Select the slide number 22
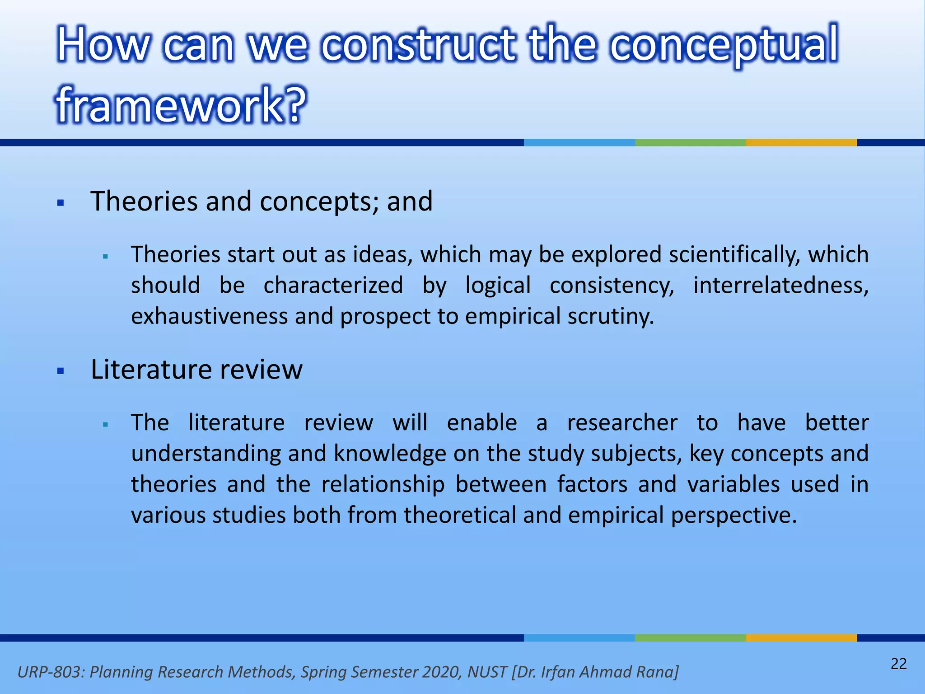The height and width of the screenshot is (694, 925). [898, 664]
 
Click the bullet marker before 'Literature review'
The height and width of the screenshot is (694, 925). [61, 371]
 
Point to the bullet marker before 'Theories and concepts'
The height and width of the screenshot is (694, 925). [61, 203]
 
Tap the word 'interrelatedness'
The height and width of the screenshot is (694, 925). [780, 286]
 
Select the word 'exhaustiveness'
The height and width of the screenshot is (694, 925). [209, 316]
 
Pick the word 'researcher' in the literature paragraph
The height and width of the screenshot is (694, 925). [622, 423]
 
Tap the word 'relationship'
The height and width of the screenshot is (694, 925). [383, 484]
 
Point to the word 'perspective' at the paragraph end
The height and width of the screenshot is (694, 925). [733, 515]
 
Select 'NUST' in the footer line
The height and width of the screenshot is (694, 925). [487, 672]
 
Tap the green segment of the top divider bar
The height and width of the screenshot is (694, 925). [690, 142]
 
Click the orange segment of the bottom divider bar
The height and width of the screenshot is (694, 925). [801, 638]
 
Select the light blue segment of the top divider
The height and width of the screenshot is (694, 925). [579, 142]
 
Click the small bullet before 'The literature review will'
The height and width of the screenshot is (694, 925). [105, 425]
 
